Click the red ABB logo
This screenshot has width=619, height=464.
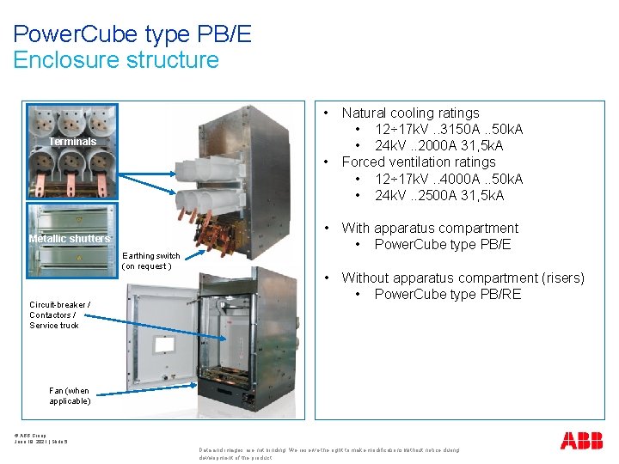[582, 442]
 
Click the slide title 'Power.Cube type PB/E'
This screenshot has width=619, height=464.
[132, 34]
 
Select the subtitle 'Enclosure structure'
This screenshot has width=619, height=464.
[116, 60]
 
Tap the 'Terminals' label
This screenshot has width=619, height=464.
[72, 141]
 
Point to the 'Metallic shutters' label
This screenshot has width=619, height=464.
[70, 238]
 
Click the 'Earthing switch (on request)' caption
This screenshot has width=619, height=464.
[151, 260]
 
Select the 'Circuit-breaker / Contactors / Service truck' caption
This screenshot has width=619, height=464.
[59, 314]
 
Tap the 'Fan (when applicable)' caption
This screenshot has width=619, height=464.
[70, 395]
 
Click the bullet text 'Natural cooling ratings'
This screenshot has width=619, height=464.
[410, 113]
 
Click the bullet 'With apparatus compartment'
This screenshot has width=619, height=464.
[429, 228]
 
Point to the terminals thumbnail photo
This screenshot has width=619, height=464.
[72, 152]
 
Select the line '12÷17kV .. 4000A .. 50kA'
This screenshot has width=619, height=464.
[449, 179]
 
